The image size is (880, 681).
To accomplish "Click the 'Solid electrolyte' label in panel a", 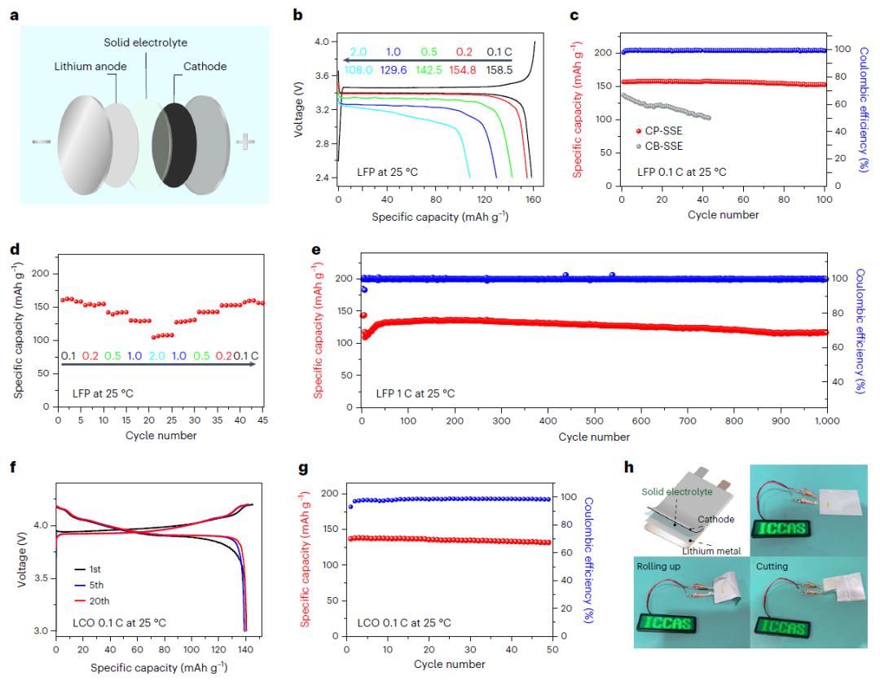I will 145,42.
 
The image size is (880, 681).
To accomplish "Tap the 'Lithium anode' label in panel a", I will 90,67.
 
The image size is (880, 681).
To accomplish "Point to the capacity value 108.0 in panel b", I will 359,71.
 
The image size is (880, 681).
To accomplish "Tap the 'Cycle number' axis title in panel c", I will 723,215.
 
